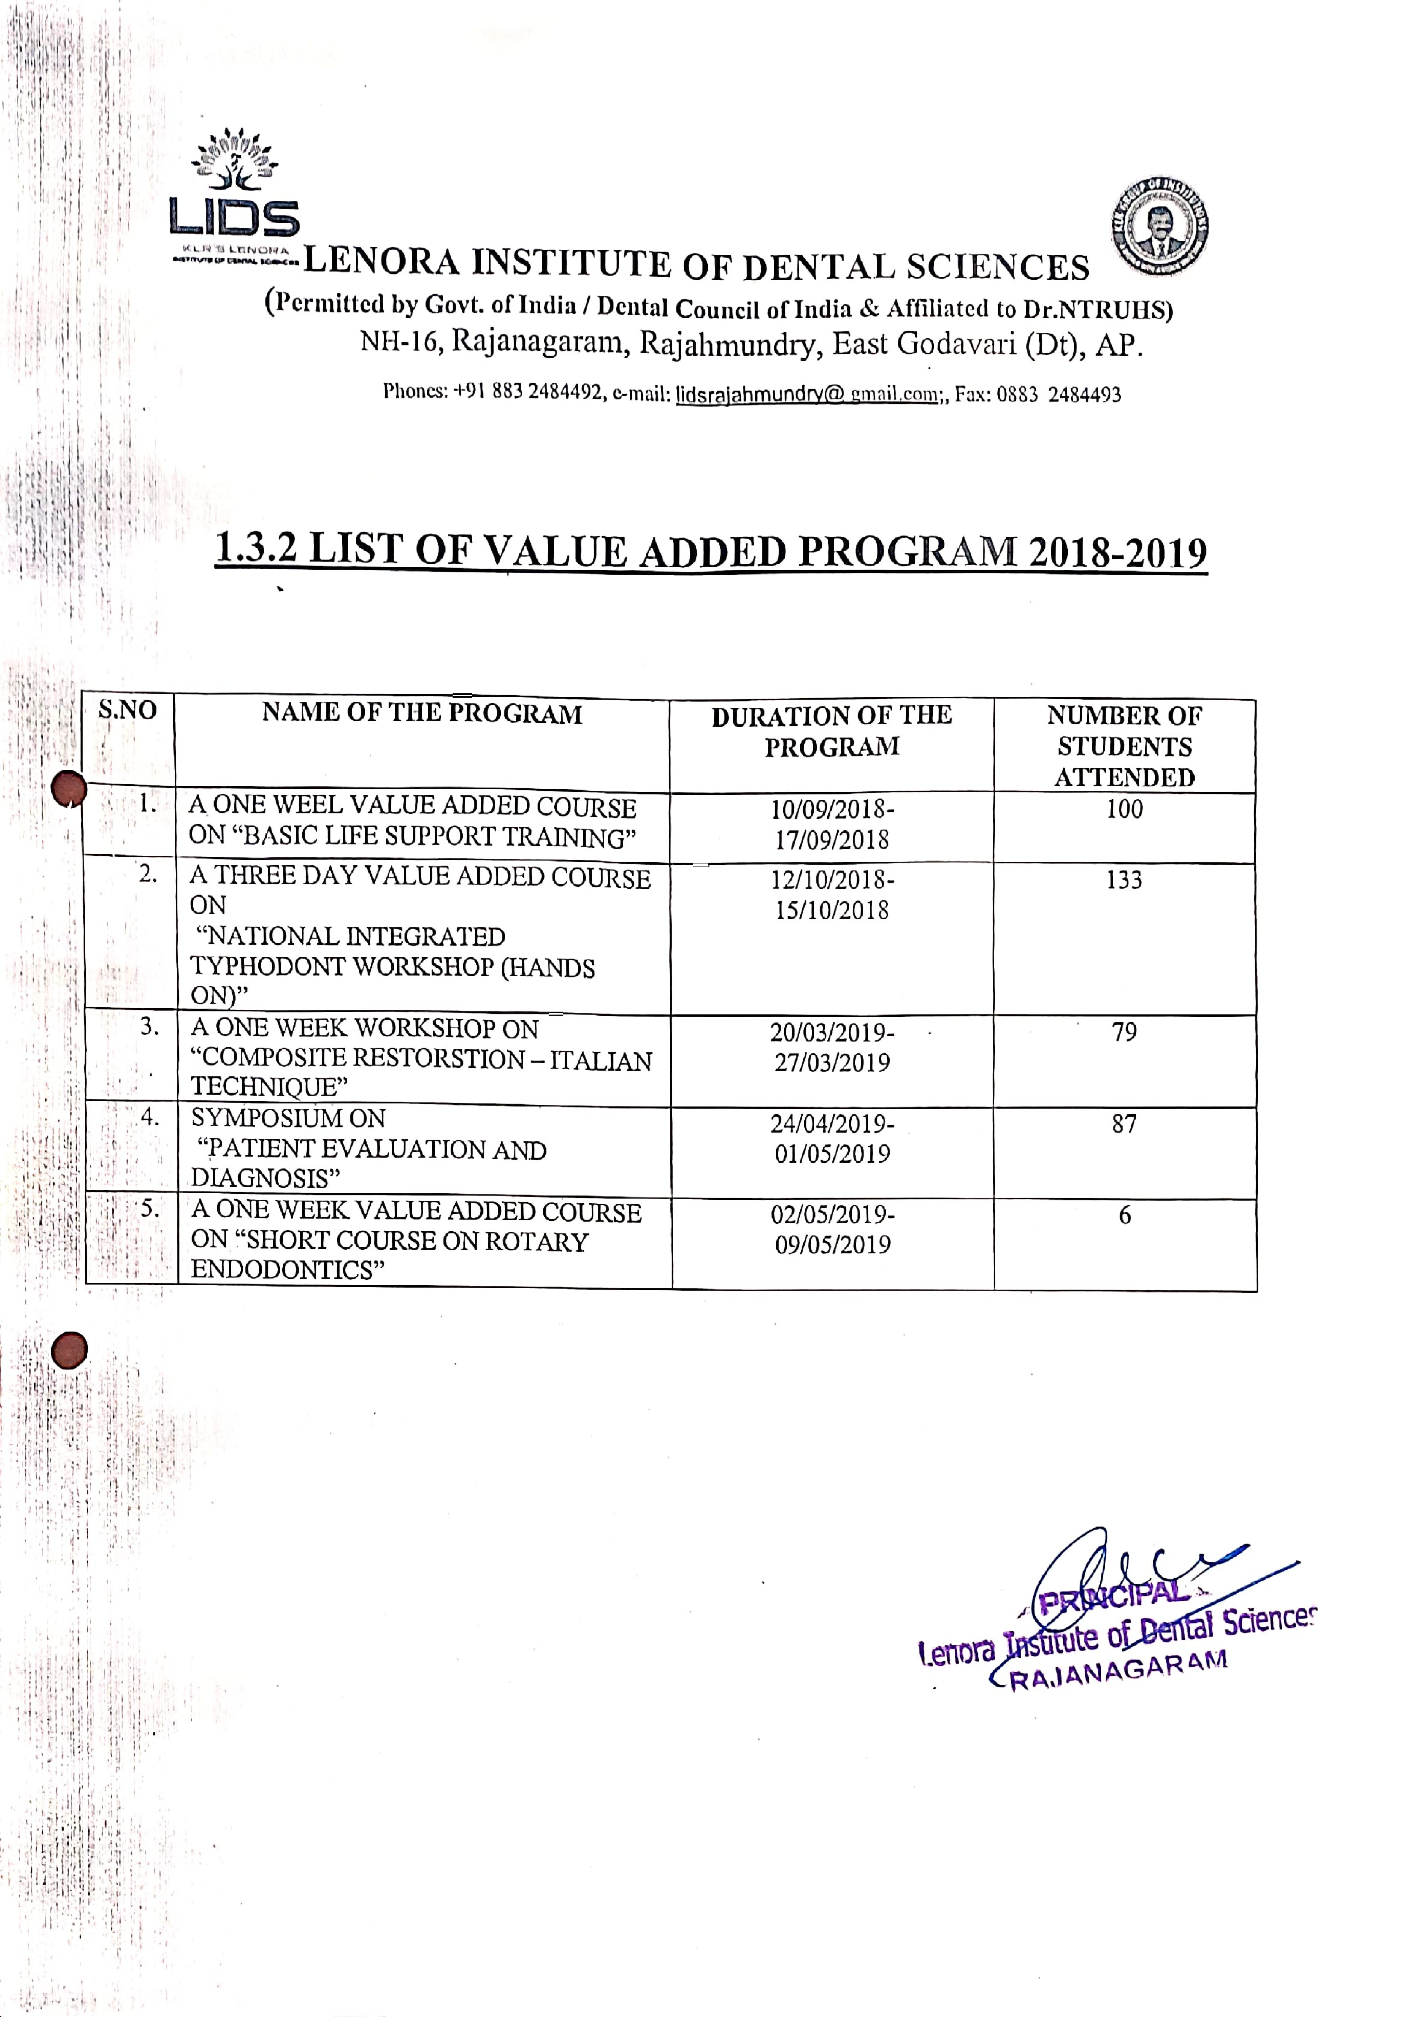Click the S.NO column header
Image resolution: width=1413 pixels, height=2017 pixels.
[x=127, y=710]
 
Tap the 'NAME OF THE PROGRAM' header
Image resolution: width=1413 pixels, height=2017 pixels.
[x=422, y=713]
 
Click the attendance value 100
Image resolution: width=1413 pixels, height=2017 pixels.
[x=1124, y=809]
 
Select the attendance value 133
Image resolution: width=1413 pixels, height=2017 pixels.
[x=1124, y=879]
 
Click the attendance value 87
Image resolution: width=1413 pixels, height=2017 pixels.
[x=1124, y=1123]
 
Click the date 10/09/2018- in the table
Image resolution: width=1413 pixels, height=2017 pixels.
[x=832, y=809]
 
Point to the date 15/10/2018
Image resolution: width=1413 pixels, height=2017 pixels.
[x=831, y=910]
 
